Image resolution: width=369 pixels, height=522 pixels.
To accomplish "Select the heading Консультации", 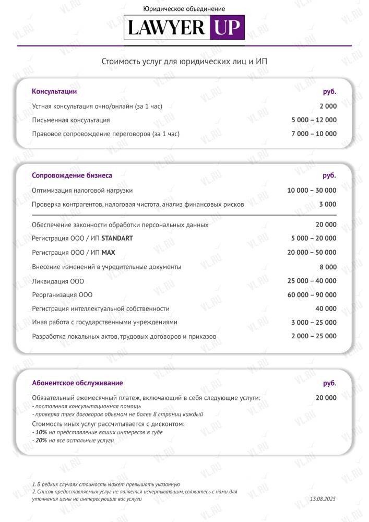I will click(x=54, y=92).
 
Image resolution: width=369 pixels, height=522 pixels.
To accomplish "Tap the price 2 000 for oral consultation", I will click(x=328, y=106).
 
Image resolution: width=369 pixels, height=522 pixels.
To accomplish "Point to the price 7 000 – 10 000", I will click(x=314, y=134).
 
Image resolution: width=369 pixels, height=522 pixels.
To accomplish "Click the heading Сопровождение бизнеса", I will click(x=72, y=175).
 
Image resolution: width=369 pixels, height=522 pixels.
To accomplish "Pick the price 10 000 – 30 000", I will click(x=312, y=190).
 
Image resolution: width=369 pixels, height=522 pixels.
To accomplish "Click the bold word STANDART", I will click(x=117, y=239).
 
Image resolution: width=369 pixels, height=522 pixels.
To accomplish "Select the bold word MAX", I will click(x=108, y=253).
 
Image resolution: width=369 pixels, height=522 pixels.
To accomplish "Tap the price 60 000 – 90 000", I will click(x=312, y=295).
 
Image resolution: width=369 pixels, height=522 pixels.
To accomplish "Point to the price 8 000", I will click(x=328, y=267).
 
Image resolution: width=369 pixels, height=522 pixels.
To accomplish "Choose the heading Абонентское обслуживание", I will click(x=77, y=383).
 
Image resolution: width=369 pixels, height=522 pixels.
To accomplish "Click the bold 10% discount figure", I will click(x=41, y=433).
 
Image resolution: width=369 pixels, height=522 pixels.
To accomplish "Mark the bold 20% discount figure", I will click(x=41, y=441).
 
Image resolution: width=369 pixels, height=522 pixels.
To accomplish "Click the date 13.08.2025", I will click(x=323, y=499).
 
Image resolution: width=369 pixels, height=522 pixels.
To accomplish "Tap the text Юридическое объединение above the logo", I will click(x=184, y=9).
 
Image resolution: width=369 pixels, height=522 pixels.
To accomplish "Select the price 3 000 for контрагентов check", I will click(x=328, y=204).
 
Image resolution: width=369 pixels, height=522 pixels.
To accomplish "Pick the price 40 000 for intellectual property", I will click(x=326, y=309).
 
